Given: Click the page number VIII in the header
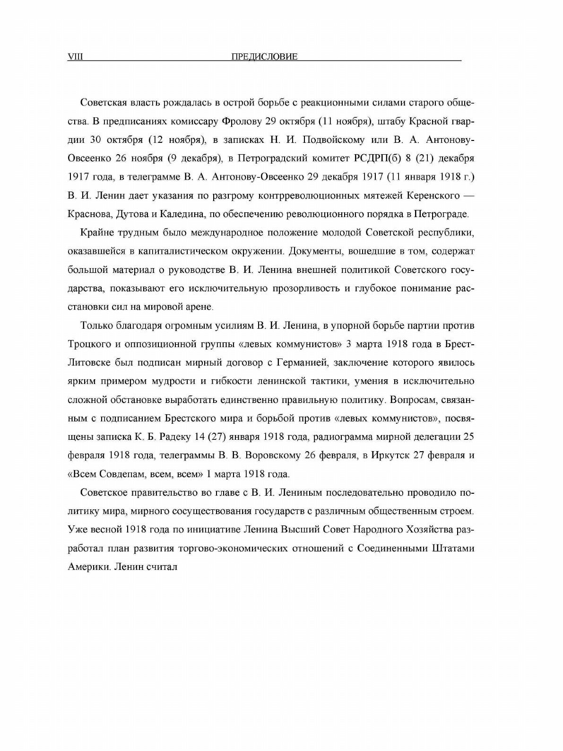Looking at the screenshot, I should tap(76, 57).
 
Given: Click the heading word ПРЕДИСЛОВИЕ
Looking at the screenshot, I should tap(265, 57).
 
